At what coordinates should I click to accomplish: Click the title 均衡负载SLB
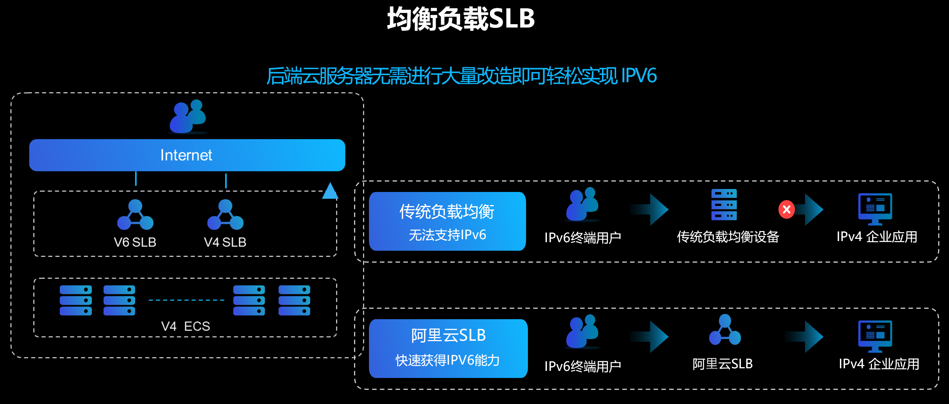coord(461,19)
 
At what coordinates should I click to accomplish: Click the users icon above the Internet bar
coord(188,116)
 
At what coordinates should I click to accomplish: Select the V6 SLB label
coord(135,242)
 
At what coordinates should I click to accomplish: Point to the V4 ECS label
coord(185,326)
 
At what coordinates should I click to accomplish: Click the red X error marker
coord(786,210)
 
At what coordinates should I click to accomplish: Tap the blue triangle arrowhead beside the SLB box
coord(330,191)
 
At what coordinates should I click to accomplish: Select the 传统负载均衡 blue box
coord(447,221)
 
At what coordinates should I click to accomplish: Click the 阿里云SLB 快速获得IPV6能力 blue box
coord(448,348)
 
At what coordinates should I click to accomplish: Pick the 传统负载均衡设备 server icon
coord(724,205)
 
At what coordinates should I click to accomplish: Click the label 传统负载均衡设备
coord(728,237)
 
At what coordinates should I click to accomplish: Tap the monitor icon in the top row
coord(875,208)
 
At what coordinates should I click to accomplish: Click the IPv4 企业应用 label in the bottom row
coord(879,364)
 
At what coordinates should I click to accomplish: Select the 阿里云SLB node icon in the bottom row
coord(725,330)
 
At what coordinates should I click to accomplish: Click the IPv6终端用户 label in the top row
coord(583,237)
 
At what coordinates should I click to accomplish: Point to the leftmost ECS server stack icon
coord(76,300)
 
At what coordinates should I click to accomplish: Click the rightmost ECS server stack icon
coord(294,300)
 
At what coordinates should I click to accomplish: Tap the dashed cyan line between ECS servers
coord(186,300)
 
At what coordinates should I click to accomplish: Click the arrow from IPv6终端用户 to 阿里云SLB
coord(650,337)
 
